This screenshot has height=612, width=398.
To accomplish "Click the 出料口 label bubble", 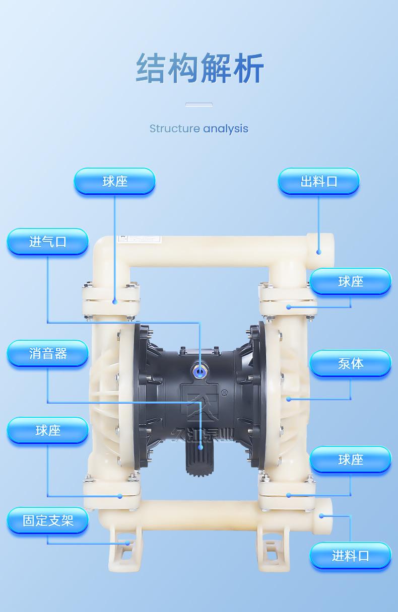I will click(x=318, y=181).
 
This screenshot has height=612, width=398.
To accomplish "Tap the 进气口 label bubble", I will click(x=47, y=242).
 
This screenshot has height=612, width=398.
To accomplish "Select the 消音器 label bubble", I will click(x=47, y=353).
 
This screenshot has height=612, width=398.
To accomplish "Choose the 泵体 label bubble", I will click(x=350, y=363).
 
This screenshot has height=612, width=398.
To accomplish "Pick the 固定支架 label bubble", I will click(x=47, y=520).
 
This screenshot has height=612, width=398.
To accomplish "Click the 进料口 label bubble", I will click(x=350, y=556).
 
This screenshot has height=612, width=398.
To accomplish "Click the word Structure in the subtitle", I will click(x=174, y=129).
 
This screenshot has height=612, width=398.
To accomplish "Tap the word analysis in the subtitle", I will click(x=226, y=129).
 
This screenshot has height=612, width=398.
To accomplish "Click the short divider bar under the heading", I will click(x=199, y=105).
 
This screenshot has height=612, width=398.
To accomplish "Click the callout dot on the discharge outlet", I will click(x=318, y=252).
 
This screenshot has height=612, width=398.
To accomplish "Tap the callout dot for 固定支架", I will click(x=128, y=543).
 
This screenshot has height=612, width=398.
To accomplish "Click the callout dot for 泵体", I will click(x=289, y=399).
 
